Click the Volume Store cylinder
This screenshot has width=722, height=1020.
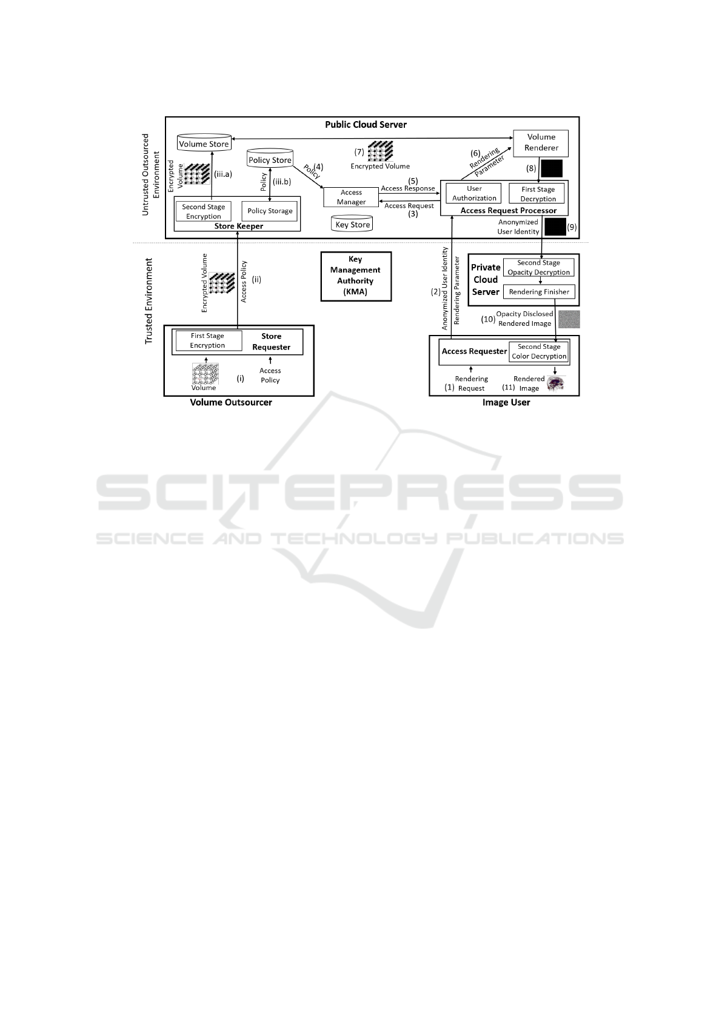point(204,144)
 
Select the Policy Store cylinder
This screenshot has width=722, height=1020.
point(270,159)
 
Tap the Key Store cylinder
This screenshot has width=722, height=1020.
point(353,224)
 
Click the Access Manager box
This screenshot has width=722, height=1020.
point(351,197)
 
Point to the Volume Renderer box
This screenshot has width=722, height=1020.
point(541,142)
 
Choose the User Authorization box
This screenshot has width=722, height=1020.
point(474,193)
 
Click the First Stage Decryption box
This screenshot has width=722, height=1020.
point(538,194)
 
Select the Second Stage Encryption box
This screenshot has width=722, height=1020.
point(204,211)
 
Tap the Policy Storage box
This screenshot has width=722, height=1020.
point(270,211)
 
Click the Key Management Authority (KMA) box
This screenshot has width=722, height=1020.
point(356,276)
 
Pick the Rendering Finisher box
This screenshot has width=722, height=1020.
point(539,292)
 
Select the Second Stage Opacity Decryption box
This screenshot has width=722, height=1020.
point(539,267)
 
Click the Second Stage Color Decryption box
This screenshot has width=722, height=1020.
point(539,351)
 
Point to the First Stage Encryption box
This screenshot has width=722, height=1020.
point(207,340)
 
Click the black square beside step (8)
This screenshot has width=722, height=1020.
point(552,168)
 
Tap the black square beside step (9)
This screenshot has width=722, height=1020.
point(555,227)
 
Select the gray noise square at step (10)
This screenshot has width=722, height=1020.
point(569,319)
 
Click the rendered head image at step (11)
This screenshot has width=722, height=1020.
point(555,383)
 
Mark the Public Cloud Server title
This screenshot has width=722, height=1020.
point(366,125)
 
